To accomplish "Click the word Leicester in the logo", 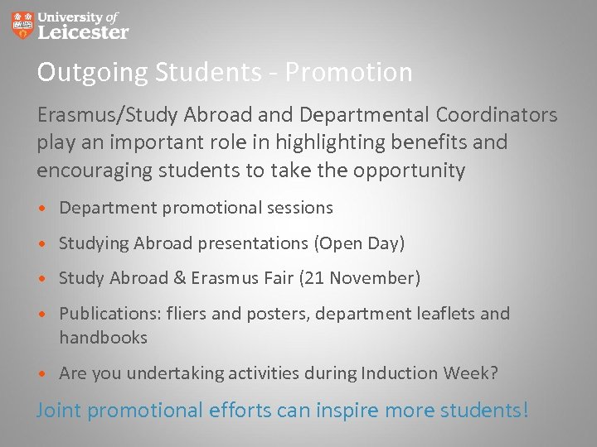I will [x=84, y=32].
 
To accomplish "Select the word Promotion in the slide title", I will [x=348, y=73].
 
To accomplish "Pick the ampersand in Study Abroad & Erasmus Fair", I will [x=179, y=278].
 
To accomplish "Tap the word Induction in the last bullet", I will [x=396, y=373].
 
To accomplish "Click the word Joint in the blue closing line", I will [x=59, y=410].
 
